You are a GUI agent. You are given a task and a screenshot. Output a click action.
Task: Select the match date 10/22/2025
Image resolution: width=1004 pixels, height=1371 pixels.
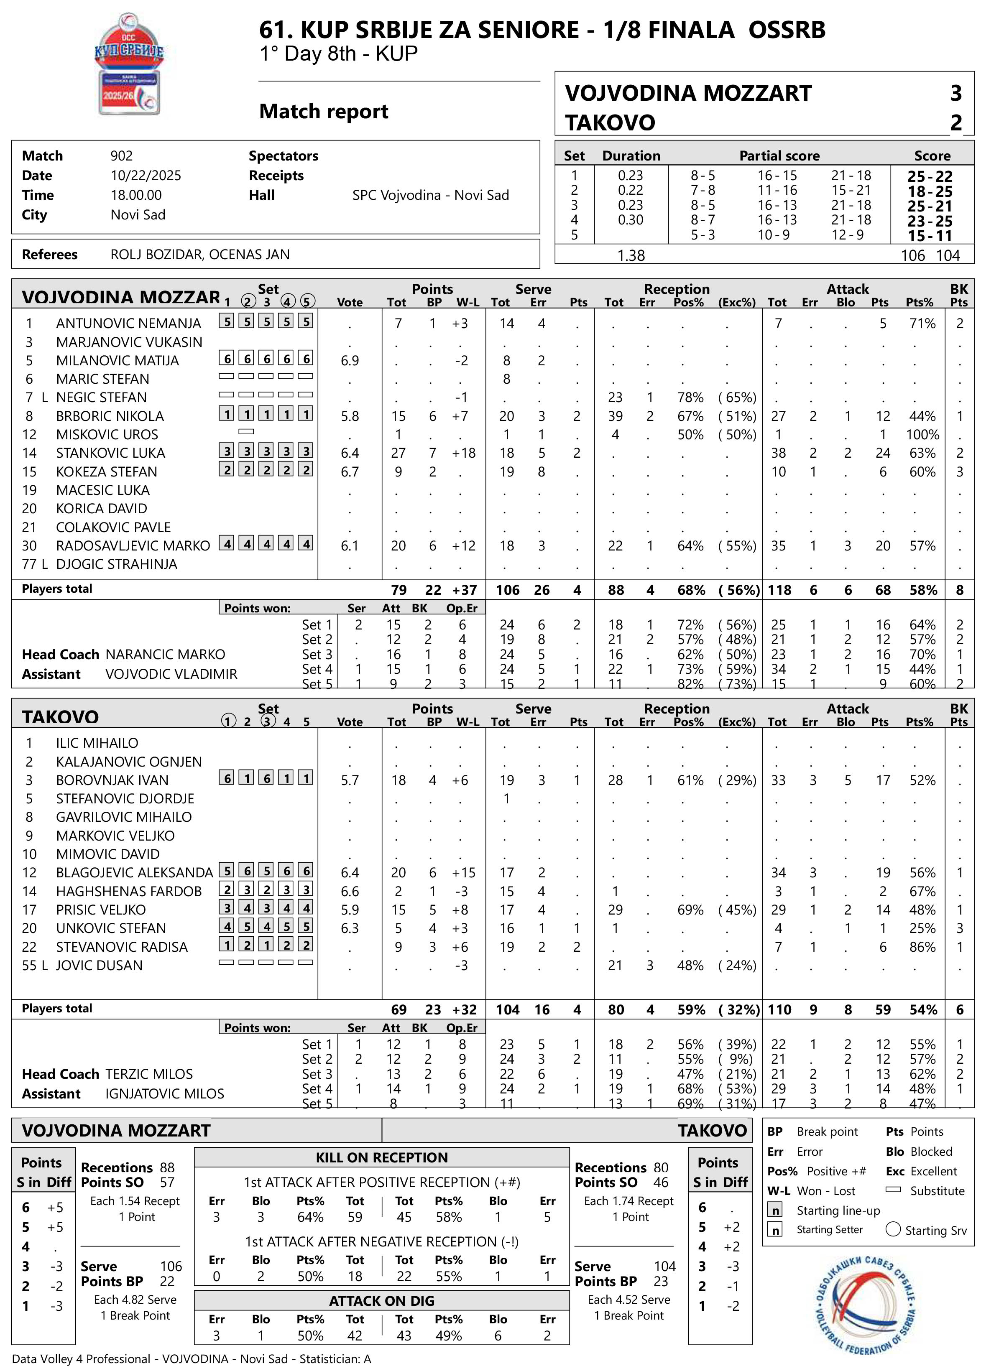click(146, 176)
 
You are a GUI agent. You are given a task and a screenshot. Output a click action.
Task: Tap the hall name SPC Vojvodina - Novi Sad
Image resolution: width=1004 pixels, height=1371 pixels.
click(430, 195)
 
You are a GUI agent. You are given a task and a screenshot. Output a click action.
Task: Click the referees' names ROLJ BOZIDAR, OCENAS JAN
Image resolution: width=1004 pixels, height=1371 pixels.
click(200, 255)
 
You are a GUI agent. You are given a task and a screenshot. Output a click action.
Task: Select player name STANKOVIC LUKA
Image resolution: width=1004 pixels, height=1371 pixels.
click(111, 453)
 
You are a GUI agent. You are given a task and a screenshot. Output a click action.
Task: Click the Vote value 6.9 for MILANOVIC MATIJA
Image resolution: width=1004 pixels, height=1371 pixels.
click(350, 361)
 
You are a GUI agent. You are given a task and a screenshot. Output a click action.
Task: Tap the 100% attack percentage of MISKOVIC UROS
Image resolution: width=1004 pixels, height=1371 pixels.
click(922, 435)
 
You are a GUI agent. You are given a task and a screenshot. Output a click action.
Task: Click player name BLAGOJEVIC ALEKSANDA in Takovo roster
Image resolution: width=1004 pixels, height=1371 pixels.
click(134, 873)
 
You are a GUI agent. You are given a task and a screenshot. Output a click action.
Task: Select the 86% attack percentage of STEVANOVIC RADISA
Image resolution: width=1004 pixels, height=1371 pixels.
click(922, 947)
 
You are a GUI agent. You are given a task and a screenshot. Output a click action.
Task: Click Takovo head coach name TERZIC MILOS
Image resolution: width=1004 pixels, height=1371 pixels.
click(149, 1074)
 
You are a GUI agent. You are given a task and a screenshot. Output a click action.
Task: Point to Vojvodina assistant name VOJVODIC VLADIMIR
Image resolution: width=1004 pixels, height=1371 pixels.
click(171, 674)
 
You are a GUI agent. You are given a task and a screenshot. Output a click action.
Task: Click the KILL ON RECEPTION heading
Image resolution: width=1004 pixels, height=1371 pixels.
click(382, 1157)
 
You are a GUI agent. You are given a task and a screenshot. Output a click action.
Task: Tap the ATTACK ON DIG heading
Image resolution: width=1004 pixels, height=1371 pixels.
click(382, 1300)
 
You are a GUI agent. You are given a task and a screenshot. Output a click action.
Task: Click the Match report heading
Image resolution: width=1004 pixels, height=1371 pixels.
click(323, 112)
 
